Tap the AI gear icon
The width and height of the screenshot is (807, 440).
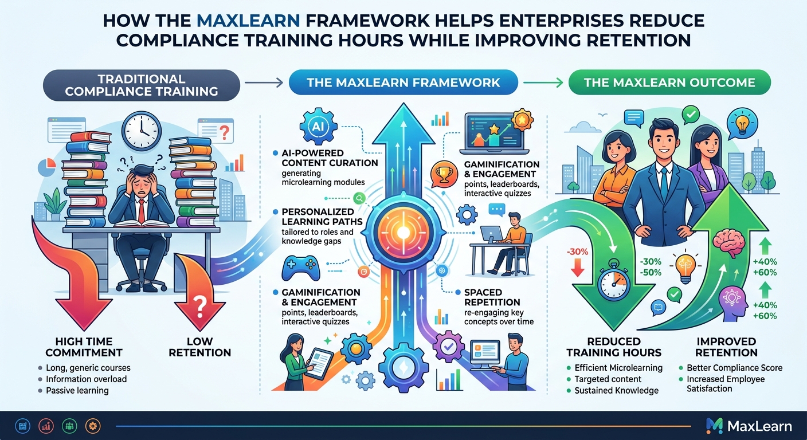(x=318, y=127)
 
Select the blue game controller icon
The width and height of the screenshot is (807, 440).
(x=300, y=268)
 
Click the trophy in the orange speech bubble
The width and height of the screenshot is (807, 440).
(x=444, y=174)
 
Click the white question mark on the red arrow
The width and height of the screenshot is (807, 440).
(x=200, y=306)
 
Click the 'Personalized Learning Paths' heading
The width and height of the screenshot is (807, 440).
(x=322, y=217)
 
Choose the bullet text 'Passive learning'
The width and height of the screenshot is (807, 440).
(x=77, y=390)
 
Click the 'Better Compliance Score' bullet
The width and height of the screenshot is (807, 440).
(x=735, y=368)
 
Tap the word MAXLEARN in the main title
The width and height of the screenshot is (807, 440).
(x=248, y=21)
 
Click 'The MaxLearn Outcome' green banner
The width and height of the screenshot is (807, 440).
(x=669, y=82)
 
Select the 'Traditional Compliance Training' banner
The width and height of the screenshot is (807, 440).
(x=141, y=85)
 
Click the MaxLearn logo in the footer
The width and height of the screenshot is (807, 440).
(x=749, y=426)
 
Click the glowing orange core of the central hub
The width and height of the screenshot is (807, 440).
(x=403, y=233)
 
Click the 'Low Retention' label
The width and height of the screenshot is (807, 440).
(x=199, y=347)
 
